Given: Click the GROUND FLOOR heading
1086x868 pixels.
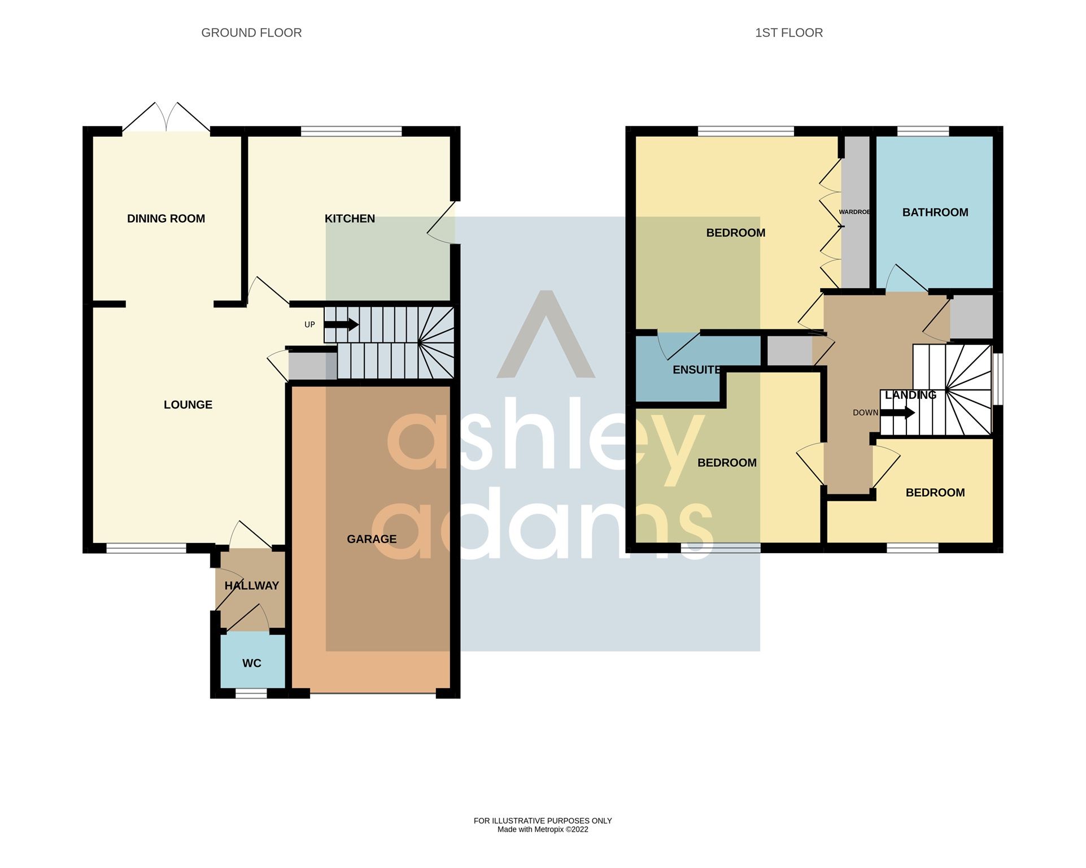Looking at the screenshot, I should click(x=251, y=33).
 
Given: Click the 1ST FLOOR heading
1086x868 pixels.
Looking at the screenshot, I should click(x=788, y=33).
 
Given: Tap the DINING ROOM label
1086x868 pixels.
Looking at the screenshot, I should click(x=166, y=219).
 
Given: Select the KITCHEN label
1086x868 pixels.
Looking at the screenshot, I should click(x=350, y=219).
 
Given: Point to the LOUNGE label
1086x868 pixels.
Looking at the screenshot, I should click(x=188, y=405).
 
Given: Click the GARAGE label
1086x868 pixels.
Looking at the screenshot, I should click(x=372, y=539).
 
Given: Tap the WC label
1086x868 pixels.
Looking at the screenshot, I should click(x=251, y=663).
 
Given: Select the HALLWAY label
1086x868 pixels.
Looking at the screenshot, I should click(x=252, y=586).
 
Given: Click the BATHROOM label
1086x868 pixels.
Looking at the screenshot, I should click(x=935, y=212).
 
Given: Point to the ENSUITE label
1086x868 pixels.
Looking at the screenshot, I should click(x=696, y=370).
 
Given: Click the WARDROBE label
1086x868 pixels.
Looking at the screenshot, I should click(x=854, y=212).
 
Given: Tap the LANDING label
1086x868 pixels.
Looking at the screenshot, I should click(x=910, y=395).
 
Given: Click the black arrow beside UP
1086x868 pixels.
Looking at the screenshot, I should click(x=341, y=325).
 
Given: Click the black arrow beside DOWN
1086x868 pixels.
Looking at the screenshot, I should click(x=897, y=413).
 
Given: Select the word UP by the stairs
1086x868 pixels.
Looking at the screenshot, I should click(x=309, y=325).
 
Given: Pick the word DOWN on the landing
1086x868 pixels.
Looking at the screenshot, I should click(x=865, y=413).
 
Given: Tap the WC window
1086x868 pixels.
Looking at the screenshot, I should click(x=251, y=693).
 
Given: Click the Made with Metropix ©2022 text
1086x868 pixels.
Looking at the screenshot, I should click(x=542, y=830).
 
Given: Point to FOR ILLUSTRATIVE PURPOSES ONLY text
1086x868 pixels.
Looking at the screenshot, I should click(x=542, y=821).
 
